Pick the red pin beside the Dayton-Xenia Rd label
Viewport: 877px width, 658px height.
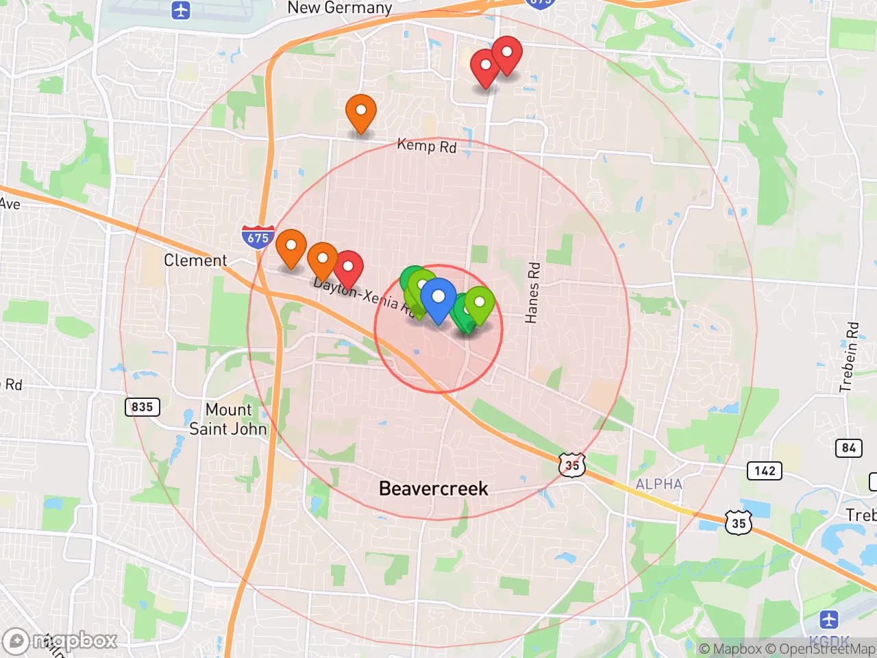[x=348, y=267]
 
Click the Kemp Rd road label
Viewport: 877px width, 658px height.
[x=426, y=145]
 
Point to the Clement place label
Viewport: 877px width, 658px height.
[x=195, y=260]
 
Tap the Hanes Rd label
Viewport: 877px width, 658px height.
[x=532, y=292]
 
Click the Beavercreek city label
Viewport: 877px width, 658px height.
[x=433, y=489]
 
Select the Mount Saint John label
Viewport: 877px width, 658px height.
[x=228, y=419]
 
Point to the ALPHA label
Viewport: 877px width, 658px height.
[x=658, y=484]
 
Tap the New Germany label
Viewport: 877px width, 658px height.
[x=339, y=8]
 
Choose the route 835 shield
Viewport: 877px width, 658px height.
[x=142, y=407]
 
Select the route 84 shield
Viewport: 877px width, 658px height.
[x=849, y=448]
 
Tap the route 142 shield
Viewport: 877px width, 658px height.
[x=764, y=471]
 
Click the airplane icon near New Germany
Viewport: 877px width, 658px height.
[x=181, y=11]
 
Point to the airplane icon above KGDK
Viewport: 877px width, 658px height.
[x=829, y=620]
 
